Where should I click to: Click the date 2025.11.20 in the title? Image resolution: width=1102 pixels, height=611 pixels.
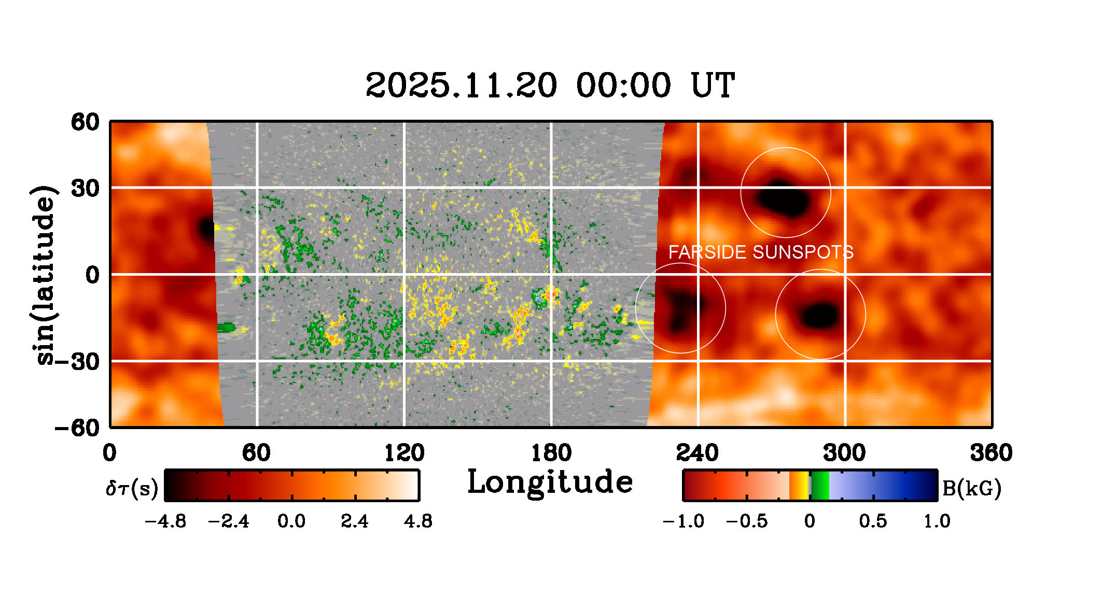pos(461,86)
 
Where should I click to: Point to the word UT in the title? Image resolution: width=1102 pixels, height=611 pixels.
pos(713,86)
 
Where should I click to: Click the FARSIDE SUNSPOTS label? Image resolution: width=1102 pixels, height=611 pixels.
pos(760,252)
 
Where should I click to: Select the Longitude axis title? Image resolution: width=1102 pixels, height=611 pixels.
pos(550,482)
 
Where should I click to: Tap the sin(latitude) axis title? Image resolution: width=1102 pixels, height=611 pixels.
pos(45,275)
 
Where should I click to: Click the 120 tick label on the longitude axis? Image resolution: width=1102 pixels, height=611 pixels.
pos(404,453)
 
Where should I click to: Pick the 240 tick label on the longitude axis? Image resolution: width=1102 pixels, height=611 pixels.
pos(698,453)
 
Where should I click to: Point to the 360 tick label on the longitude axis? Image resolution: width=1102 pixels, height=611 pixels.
pos(991,453)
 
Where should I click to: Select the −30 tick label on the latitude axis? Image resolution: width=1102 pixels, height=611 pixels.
pos(78,361)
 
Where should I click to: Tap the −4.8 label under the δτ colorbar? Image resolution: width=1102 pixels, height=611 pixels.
pos(165,521)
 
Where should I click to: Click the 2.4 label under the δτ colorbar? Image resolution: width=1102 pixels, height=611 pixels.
pos(355,521)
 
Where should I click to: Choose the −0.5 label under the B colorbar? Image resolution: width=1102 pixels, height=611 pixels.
pos(747,521)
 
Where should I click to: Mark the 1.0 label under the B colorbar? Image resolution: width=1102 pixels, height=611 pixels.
pos(937,521)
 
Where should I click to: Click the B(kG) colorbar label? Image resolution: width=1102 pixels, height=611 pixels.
pos(971,488)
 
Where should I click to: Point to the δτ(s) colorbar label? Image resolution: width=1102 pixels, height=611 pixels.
pos(132,488)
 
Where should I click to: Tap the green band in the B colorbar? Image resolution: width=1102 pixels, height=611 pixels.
pos(820,485)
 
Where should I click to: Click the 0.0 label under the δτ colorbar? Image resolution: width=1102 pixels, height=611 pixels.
pos(291,521)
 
